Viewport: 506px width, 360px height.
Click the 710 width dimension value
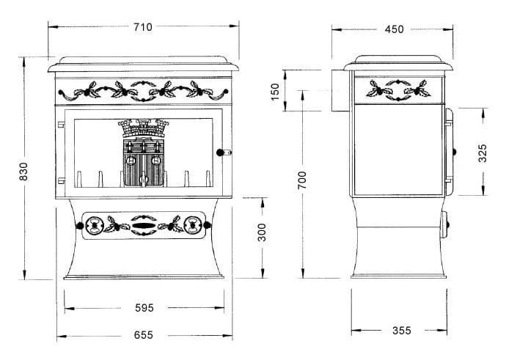143,27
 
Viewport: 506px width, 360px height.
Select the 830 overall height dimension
23,172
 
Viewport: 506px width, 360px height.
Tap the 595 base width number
144,308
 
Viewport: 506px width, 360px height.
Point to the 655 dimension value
144,335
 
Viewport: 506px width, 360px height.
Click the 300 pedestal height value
262,232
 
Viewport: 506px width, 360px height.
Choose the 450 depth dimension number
394,29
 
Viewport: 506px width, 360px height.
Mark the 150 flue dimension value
275,92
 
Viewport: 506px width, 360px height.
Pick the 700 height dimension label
302,180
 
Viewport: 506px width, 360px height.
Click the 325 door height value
482,153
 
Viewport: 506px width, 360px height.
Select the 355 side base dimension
402,331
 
